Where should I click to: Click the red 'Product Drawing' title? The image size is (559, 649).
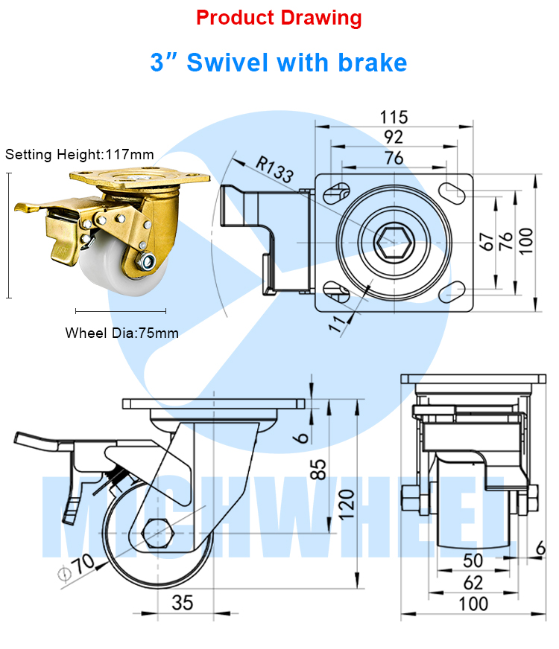pos(279,18)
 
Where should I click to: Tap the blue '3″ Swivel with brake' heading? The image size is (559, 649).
pos(279,62)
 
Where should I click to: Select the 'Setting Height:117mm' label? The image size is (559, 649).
pos(80,155)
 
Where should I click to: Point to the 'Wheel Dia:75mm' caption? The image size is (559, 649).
pos(121,333)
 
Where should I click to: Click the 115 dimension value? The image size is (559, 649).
pos(394,117)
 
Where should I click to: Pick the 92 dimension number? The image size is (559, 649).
pos(394,137)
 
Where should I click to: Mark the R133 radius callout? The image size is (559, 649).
pos(274,170)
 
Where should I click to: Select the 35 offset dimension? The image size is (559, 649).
pos(183,602)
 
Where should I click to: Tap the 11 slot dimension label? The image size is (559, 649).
pos(339,322)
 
